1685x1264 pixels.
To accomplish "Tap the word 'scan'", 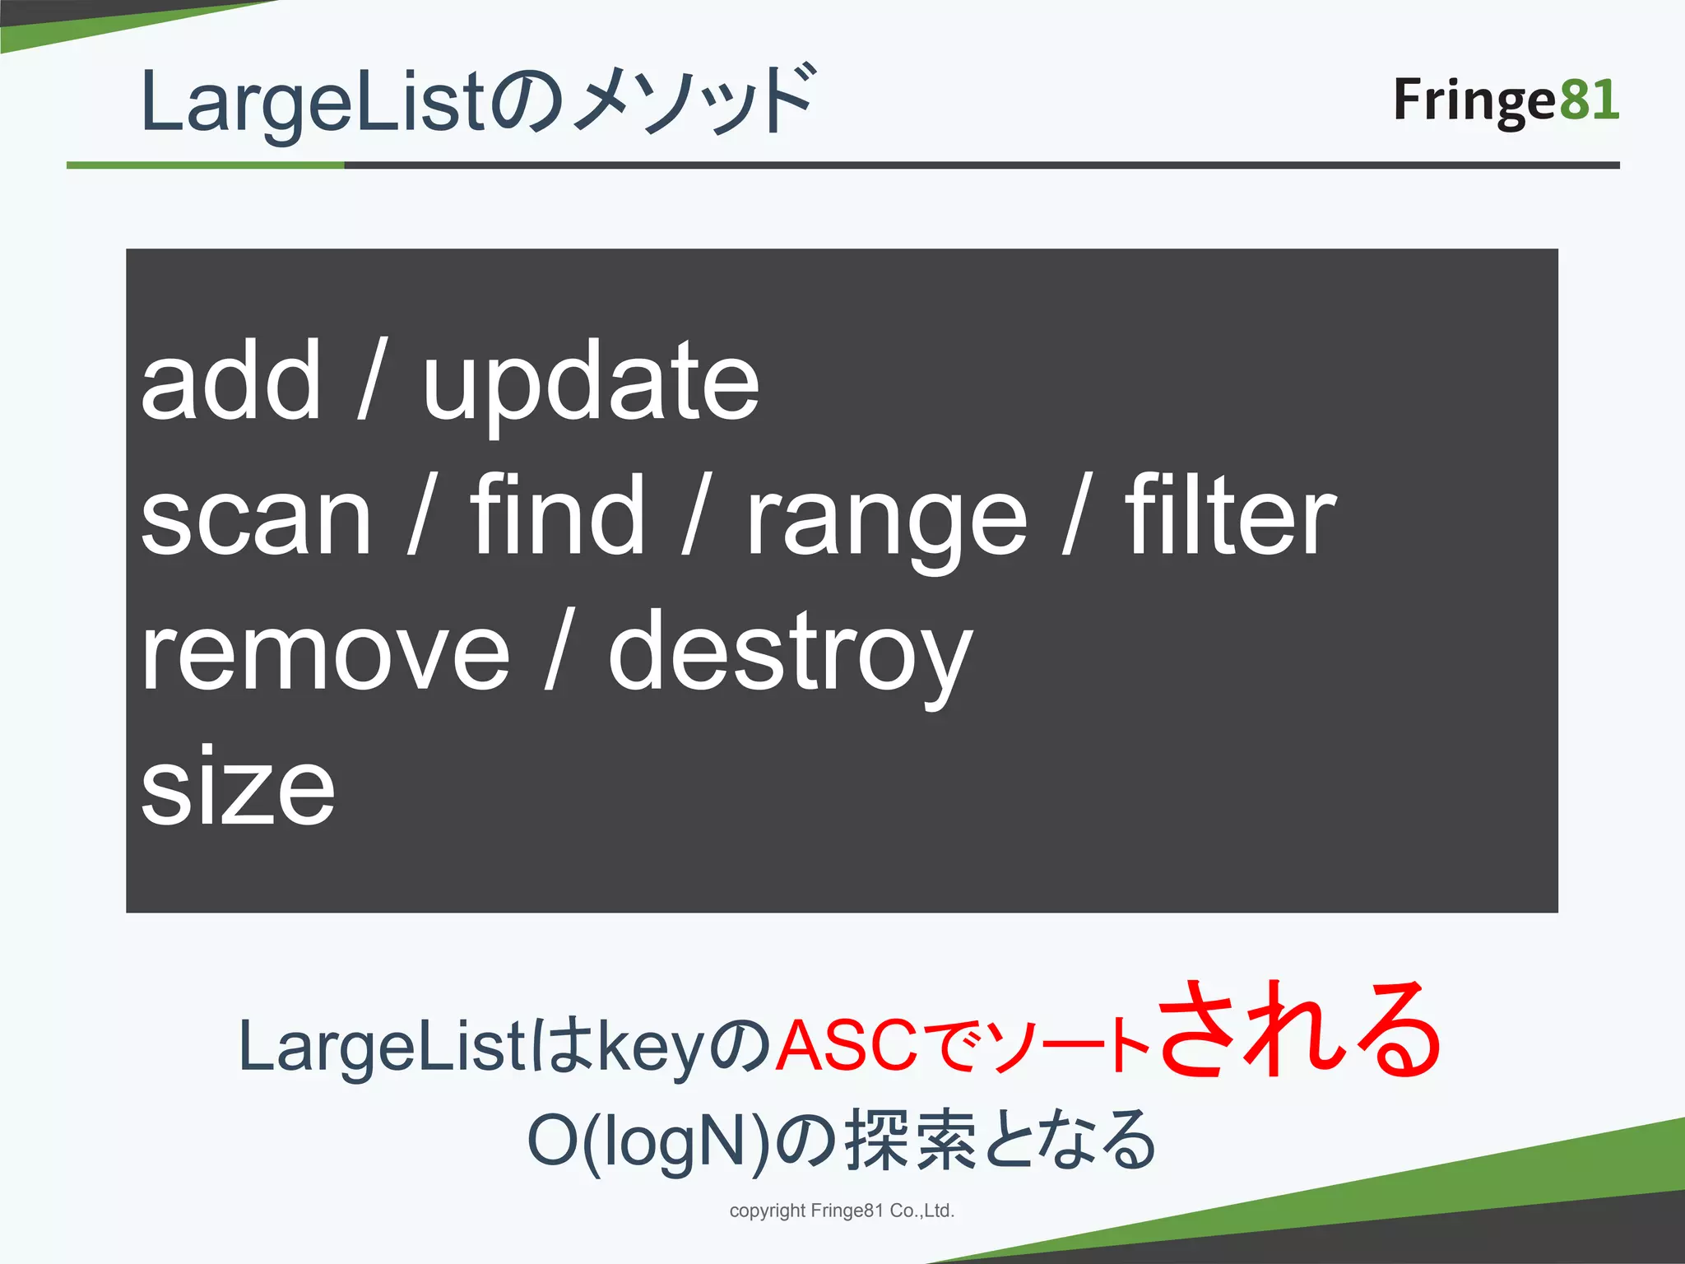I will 256,518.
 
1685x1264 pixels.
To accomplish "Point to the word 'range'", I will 886,523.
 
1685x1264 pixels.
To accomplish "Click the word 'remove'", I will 325,654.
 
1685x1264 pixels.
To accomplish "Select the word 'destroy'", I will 790,657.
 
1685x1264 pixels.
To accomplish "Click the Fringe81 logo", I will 1506,100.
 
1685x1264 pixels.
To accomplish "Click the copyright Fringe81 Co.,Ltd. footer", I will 842,1211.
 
